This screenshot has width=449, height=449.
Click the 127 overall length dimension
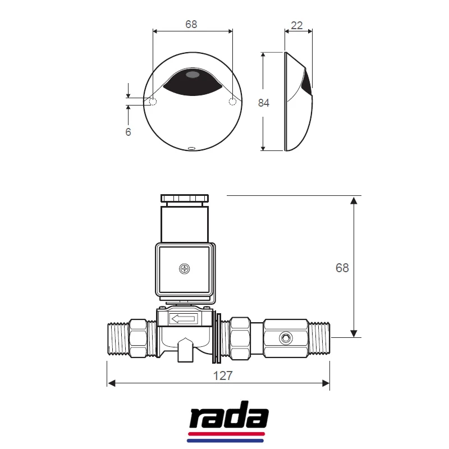pyautogui.click(x=223, y=375)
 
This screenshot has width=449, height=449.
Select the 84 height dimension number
pyautogui.click(x=264, y=103)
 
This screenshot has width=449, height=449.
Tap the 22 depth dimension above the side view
pyautogui.click(x=297, y=25)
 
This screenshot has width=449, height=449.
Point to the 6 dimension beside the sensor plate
pyautogui.click(x=128, y=132)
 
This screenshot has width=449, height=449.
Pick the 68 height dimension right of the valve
pyautogui.click(x=342, y=268)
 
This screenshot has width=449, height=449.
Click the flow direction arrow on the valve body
pyautogui.click(x=184, y=319)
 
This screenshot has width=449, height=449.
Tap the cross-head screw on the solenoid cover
pyautogui.click(x=185, y=269)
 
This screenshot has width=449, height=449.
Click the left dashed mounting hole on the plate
pyautogui.click(x=153, y=102)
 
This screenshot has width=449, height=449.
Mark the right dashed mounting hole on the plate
pyautogui.click(x=232, y=102)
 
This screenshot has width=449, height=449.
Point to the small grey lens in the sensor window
pyautogui.click(x=192, y=74)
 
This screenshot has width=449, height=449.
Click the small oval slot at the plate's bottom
pyautogui.click(x=191, y=149)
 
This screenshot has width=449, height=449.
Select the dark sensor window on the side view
pyautogui.click(x=306, y=84)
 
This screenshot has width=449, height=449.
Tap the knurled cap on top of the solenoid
pyautogui.click(x=185, y=198)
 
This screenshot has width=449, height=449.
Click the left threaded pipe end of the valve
pyautogui.click(x=118, y=338)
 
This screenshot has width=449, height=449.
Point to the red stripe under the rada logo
pyautogui.click(x=228, y=434)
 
